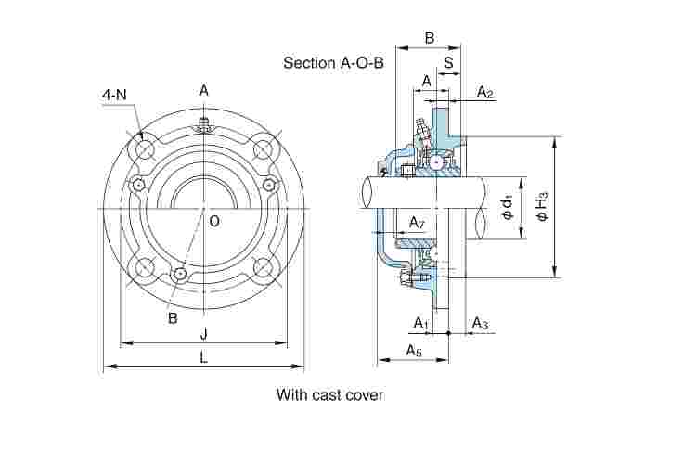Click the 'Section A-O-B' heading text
coord(333,63)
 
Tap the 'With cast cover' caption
coord(329,394)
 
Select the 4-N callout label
coord(114,95)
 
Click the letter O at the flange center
coord(214,221)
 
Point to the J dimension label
coord(203,333)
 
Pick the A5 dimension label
coord(414,351)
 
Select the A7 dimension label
coord(417,223)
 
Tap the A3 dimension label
coord(480,322)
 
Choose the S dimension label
coord(448,63)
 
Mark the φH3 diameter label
coord(543,204)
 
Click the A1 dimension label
coord(420,322)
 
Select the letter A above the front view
coord(203,90)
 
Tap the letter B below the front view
coord(173,317)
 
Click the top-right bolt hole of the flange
coord(263,149)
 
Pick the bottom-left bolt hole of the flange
coord(145,268)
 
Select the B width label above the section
coord(429,38)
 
